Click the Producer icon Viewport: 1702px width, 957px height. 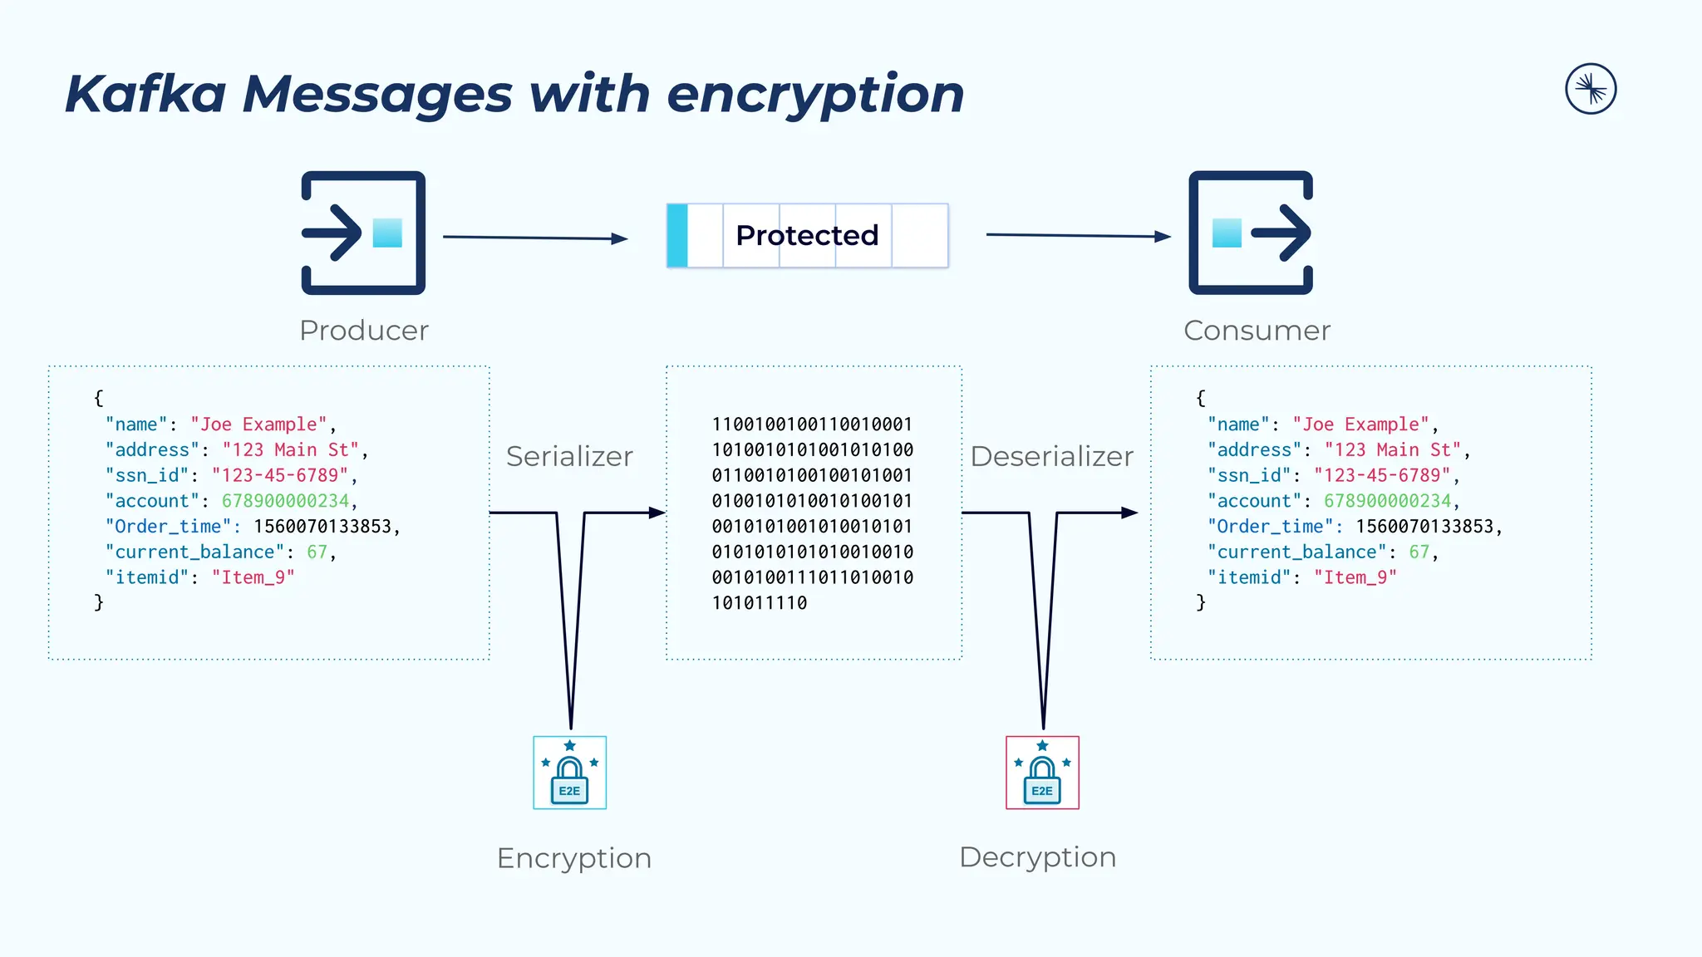click(x=363, y=233)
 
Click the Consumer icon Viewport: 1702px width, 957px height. click(x=1251, y=233)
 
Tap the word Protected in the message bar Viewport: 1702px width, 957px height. click(x=807, y=235)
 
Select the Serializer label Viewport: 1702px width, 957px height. click(x=569, y=456)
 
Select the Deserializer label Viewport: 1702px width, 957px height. click(x=1051, y=456)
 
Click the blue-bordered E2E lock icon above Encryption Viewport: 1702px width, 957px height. click(x=569, y=773)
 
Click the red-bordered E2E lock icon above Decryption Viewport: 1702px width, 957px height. click(x=1042, y=773)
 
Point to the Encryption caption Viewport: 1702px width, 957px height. click(x=573, y=858)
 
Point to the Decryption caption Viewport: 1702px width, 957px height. click(x=1037, y=857)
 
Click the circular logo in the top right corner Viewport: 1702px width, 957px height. click(x=1591, y=89)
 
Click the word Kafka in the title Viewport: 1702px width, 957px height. click(x=145, y=93)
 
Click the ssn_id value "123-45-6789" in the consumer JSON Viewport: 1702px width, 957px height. click(x=1381, y=475)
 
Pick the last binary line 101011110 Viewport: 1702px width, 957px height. click(x=760, y=603)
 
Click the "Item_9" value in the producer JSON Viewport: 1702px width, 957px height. click(x=253, y=577)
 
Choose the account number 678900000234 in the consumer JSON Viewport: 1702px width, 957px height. click(x=1387, y=501)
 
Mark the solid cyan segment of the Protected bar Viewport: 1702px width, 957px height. click(x=677, y=235)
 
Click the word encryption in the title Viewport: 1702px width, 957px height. click(x=814, y=93)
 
